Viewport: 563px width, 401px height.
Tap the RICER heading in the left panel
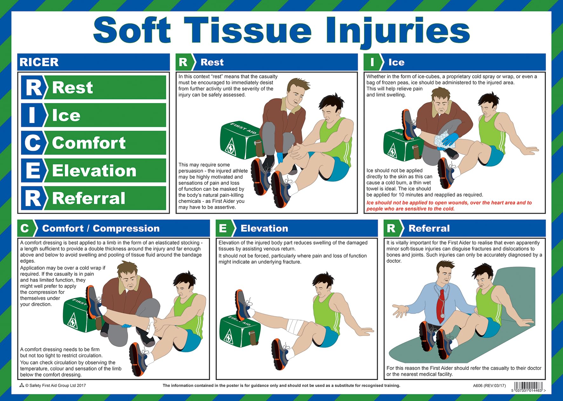pos(39,62)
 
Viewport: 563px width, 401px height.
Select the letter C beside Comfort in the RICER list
pos(32,143)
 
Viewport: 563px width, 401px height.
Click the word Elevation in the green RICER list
pos(94,171)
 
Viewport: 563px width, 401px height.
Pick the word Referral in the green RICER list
pos(89,198)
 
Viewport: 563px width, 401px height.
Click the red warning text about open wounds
pos(449,206)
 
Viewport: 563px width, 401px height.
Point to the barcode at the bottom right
pos(528,386)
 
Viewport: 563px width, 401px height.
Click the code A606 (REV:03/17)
pos(489,386)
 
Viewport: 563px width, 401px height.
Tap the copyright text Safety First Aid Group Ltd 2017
pos(55,385)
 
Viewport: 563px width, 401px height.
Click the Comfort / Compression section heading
pos(101,228)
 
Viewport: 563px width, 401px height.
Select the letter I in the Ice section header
pos(372,62)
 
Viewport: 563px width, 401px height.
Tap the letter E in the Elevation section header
pos(223,228)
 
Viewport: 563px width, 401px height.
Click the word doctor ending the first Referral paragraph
pos(394,261)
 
